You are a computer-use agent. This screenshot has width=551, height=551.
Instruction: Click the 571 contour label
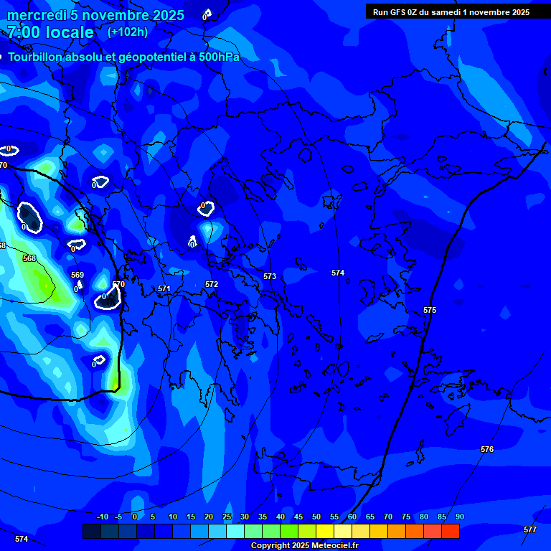pyautogui.click(x=164, y=288)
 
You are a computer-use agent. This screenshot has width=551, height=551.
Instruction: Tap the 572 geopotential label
pyautogui.click(x=212, y=284)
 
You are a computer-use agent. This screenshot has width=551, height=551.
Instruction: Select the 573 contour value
pyautogui.click(x=270, y=276)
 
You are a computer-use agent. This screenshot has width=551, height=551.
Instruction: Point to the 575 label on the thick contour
pyautogui.click(x=430, y=310)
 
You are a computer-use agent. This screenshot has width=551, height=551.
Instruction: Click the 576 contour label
pyautogui.click(x=487, y=449)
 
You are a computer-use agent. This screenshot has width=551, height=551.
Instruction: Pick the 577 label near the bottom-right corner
pyautogui.click(x=530, y=529)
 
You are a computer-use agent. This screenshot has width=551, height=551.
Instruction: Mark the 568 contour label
pyautogui.click(x=29, y=258)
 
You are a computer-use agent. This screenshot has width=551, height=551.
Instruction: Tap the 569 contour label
pyautogui.click(x=77, y=275)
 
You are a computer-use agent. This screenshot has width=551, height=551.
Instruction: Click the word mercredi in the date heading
pyautogui.click(x=37, y=15)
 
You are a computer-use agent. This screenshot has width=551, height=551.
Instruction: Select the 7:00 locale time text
pyautogui.click(x=50, y=32)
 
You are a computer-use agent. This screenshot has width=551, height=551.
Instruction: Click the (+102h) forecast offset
pyautogui.click(x=128, y=32)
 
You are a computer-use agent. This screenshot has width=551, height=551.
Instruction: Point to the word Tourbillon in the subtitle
pyautogui.click(x=39, y=57)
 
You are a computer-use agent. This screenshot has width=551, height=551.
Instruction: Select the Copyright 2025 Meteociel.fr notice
pyautogui.click(x=304, y=546)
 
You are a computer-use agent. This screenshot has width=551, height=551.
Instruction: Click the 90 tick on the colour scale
pyautogui.click(x=459, y=517)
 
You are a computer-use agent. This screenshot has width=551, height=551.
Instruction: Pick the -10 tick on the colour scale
pyautogui.click(x=103, y=517)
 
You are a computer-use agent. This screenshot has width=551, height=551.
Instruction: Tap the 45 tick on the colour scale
pyautogui.click(x=298, y=517)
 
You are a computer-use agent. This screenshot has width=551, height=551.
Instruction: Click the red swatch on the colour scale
pyautogui.click(x=451, y=531)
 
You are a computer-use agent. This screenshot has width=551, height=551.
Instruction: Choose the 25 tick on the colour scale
pyautogui.click(x=226, y=517)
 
